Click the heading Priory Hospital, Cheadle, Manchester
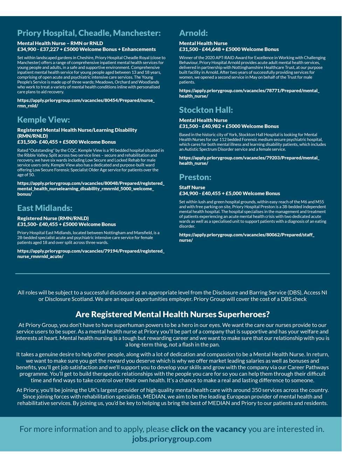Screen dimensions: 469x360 coord(89,33)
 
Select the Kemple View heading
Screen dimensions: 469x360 coord(43,120)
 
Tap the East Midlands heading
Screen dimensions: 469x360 coord(45,208)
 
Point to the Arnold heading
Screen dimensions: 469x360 coord(193,33)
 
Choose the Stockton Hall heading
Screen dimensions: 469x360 coord(206,110)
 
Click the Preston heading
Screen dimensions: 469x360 coord(195,177)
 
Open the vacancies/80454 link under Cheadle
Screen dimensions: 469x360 coord(86,103)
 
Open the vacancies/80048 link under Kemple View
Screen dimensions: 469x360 coord(90,188)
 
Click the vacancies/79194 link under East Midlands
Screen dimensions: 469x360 coord(90,254)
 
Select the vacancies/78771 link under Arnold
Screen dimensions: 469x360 coord(249,93)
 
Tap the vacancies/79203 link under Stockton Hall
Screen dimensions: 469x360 coord(249,160)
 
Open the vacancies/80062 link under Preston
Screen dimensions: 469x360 coord(247,237)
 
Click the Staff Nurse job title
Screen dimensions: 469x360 coord(192,187)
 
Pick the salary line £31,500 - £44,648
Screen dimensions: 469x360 coord(229,49)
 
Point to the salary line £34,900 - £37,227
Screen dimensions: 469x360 coord(86,49)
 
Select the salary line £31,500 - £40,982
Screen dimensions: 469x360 coord(229,126)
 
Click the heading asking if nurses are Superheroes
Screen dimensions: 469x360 coord(173,314)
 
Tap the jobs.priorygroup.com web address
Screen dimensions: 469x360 coord(172,439)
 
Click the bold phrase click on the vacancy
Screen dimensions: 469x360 coord(208,429)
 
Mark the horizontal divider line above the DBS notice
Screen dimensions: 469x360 coord(173,273)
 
